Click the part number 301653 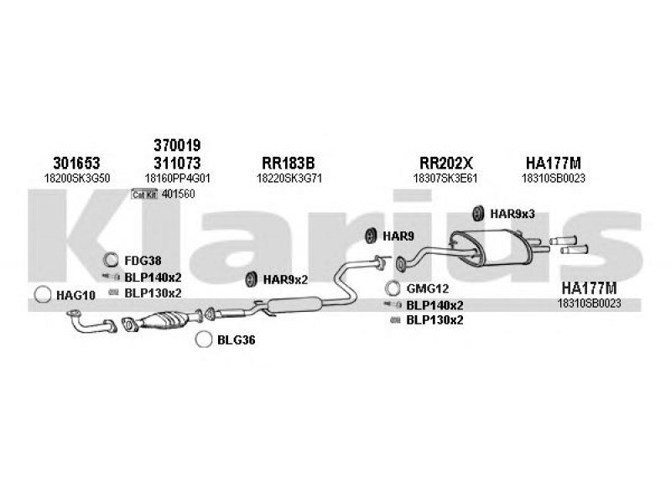coord(75,162)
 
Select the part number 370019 coord(177,144)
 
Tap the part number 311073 coord(177,162)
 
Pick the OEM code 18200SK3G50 coord(75,178)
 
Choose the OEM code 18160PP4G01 coord(177,178)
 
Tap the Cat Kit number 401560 coord(179,194)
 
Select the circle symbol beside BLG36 coord(202,340)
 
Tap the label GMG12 coord(424,289)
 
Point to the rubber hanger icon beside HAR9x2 coord(250,279)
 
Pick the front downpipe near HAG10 coord(86,320)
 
